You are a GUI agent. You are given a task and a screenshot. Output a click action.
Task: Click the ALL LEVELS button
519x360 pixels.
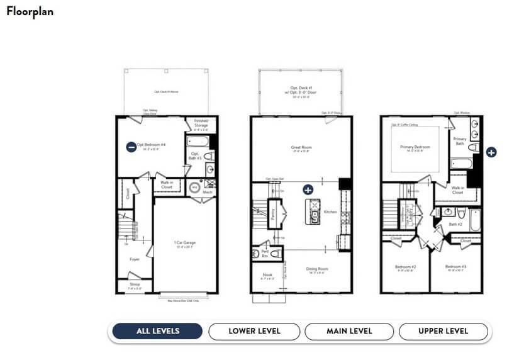(157, 331)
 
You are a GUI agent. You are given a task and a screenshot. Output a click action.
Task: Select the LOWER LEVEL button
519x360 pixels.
(254, 331)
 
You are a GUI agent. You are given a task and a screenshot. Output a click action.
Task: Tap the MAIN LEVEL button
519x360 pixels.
(349, 331)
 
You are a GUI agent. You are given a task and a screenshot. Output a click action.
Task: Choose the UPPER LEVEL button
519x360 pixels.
(444, 331)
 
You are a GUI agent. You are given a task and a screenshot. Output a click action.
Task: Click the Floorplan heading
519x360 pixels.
(30, 11)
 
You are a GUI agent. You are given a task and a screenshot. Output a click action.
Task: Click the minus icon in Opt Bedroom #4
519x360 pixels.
(131, 147)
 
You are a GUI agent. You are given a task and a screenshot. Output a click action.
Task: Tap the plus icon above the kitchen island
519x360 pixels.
(308, 189)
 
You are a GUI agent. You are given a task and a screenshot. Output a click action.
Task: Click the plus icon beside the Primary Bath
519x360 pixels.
(491, 152)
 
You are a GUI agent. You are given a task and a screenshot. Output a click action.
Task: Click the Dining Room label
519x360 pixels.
(318, 269)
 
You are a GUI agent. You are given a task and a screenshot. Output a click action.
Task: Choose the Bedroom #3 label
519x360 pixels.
(455, 267)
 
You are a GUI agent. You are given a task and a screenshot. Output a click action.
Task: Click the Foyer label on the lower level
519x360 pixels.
(135, 259)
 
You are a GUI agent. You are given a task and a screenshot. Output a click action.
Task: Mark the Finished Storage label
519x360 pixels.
(201, 123)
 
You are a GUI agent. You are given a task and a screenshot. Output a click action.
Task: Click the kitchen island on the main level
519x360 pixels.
(313, 211)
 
